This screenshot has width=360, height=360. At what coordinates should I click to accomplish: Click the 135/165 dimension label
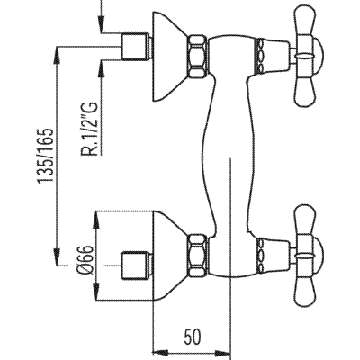click(45, 156)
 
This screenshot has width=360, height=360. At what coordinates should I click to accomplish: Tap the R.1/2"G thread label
click(89, 130)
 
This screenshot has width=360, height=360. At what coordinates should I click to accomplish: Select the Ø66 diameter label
click(85, 260)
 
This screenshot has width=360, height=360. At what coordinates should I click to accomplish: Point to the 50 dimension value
click(192, 337)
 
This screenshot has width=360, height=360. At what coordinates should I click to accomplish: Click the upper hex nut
click(198, 56)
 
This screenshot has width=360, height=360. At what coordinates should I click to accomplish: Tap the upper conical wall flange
click(170, 57)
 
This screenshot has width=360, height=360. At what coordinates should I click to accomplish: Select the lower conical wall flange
click(170, 256)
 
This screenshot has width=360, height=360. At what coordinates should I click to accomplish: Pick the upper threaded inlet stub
click(137, 46)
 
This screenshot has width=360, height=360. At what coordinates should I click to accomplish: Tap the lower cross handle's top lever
click(304, 221)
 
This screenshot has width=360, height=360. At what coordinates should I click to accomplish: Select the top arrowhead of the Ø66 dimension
click(96, 220)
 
